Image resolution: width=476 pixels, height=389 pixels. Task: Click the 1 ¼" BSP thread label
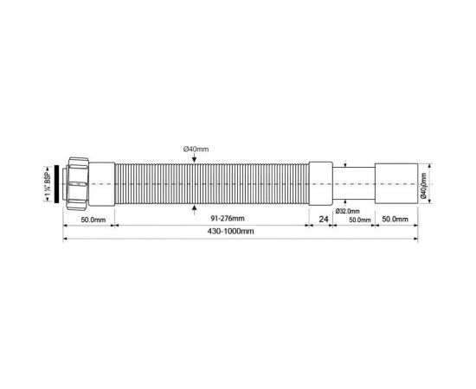pos(48,185)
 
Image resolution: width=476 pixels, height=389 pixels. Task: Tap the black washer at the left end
pos(60,185)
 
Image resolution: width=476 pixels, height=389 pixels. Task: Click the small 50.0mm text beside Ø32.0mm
pos(359,220)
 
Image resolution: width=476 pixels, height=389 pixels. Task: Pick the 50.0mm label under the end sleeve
pos(397,220)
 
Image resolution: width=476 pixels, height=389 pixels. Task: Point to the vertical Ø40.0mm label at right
pos(425,185)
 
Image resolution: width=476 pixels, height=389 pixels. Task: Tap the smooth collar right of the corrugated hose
pos(321,184)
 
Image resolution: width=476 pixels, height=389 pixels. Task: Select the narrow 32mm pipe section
pos(355,184)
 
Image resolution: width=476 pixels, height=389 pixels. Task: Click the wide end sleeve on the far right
pos(397,184)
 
